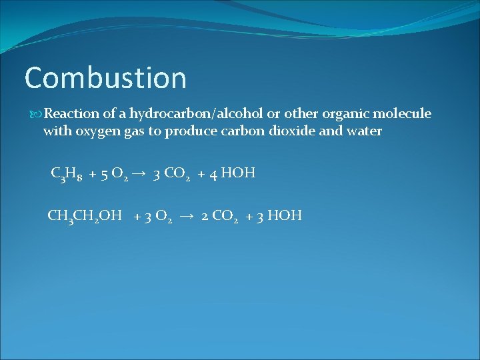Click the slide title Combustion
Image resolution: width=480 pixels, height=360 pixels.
105,78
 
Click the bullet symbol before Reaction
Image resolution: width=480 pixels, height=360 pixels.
37,114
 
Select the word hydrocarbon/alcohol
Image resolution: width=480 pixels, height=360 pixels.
199,113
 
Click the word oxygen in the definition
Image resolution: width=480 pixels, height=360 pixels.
96,131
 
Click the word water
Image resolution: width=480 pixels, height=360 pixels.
364,131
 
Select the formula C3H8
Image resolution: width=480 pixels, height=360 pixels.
66,174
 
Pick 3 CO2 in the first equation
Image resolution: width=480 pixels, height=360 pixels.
171,174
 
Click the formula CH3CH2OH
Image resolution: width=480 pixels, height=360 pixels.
85,215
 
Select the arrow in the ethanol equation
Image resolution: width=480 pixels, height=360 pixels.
187,215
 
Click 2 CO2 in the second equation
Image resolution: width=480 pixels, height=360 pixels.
220,216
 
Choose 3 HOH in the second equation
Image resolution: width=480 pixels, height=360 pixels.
281,215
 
